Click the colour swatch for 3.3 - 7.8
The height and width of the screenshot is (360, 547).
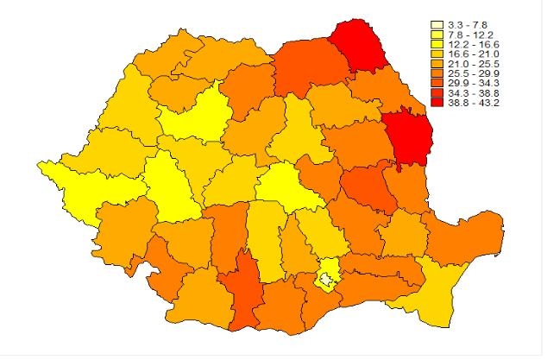click(438, 25)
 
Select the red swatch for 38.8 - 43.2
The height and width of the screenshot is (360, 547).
click(438, 102)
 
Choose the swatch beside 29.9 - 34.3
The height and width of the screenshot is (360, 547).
click(438, 83)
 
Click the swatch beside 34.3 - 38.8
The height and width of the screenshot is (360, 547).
click(438, 92)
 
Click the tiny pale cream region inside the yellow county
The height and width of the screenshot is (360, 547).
click(327, 278)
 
